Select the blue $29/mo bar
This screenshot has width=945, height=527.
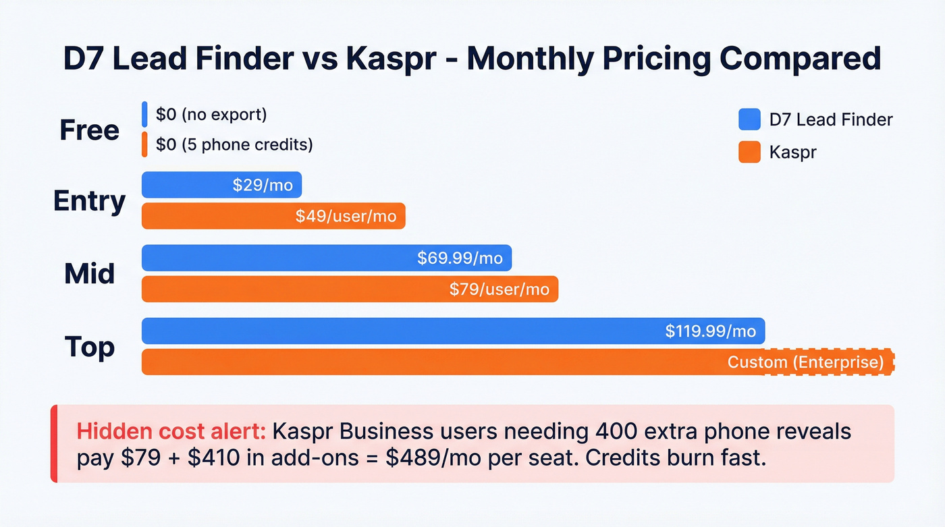point(221,185)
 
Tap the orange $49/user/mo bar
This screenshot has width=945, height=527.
point(273,216)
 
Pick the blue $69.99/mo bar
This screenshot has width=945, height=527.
point(327,258)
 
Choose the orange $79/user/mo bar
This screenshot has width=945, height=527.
point(350,289)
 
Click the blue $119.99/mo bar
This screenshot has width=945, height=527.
point(453,331)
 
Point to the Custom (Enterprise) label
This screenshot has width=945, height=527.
point(805,362)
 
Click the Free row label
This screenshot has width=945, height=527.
point(89,130)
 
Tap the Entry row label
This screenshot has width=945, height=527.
point(89,201)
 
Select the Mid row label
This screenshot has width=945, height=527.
point(89,274)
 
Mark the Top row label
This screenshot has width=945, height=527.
point(89,347)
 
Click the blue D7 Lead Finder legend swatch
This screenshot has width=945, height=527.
point(749,120)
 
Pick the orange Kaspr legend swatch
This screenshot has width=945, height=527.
point(749,152)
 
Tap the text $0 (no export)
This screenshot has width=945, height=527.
point(211,115)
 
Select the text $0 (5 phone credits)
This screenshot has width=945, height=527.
point(234,144)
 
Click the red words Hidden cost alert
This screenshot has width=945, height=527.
point(171,431)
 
